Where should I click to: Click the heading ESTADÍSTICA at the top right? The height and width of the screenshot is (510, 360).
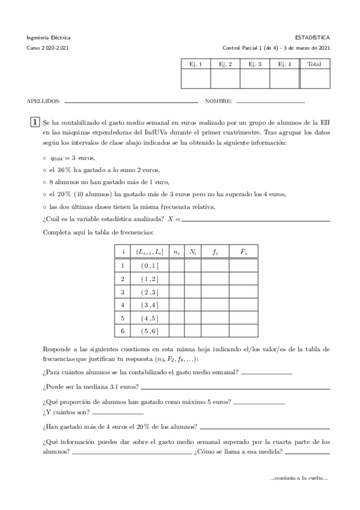314,37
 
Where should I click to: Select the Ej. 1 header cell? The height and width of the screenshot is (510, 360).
195,64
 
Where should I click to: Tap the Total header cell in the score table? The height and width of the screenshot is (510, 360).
314,64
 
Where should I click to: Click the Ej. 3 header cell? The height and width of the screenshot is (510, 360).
254,64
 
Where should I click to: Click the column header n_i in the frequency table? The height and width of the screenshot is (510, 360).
177,253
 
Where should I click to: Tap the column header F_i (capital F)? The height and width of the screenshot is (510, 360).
243,253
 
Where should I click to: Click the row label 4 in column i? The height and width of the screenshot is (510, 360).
123,305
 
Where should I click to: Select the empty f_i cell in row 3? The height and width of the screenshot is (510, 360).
215,292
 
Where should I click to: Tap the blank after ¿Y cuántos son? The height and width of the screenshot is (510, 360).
118,414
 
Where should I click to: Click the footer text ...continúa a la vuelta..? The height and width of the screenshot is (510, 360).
299,478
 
